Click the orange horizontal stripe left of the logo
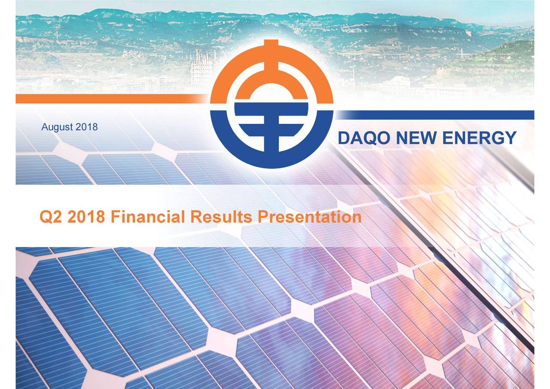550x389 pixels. [107, 99]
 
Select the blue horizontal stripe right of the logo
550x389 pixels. [434, 115]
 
